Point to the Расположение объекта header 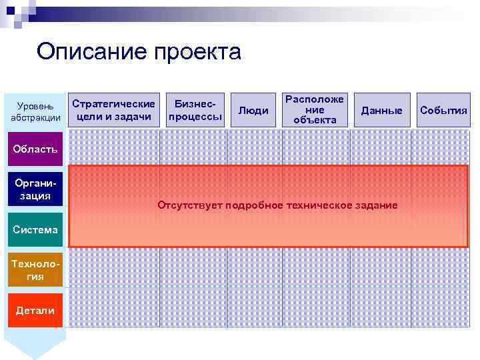click(315, 109)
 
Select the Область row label click(35, 148)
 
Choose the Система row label click(35, 229)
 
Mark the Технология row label click(35, 269)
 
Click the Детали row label click(35, 311)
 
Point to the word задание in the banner click(375, 205)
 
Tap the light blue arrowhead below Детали click(36, 345)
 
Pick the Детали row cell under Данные click(381, 310)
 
